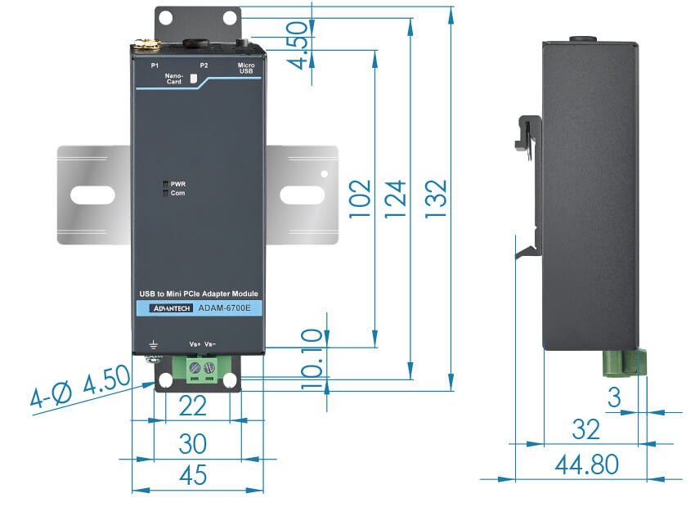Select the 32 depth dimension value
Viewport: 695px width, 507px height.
(x=587, y=428)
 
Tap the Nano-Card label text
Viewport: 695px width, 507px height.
(x=173, y=79)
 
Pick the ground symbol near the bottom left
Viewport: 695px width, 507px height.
(x=151, y=345)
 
